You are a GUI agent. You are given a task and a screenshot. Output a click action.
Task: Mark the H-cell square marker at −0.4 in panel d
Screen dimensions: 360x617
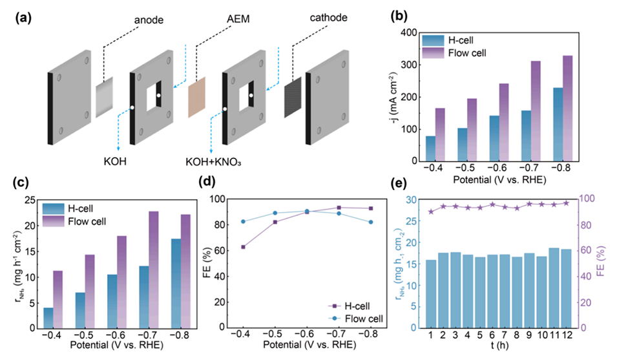pyautogui.click(x=243, y=247)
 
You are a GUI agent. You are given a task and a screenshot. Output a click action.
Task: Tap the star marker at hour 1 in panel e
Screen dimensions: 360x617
pyautogui.click(x=430, y=211)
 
